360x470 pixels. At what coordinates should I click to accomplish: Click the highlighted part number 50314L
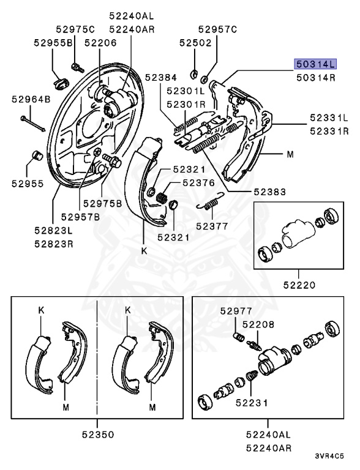(316, 64)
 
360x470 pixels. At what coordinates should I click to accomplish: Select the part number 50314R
(316, 78)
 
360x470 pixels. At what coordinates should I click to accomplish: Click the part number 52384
(161, 77)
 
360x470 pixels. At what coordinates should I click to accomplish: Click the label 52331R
(329, 130)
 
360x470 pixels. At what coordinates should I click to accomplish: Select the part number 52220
(299, 285)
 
